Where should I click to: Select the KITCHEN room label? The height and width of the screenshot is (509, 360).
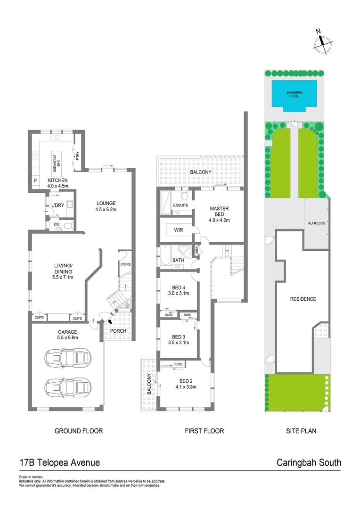click(x=57, y=181)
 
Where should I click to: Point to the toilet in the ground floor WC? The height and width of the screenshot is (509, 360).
click(x=67, y=226)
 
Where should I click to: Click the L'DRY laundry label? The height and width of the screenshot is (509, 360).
click(x=57, y=205)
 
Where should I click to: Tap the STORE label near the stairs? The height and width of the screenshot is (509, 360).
click(x=125, y=264)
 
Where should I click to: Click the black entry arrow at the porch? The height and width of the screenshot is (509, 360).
click(x=111, y=321)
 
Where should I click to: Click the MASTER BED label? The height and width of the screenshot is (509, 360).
click(x=220, y=213)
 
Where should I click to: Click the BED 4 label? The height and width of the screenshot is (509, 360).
click(x=178, y=287)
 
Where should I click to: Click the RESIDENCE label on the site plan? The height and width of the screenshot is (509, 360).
click(x=303, y=299)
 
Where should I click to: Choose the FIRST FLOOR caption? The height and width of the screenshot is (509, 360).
click(x=205, y=431)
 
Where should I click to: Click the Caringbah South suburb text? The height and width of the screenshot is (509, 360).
click(x=308, y=462)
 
